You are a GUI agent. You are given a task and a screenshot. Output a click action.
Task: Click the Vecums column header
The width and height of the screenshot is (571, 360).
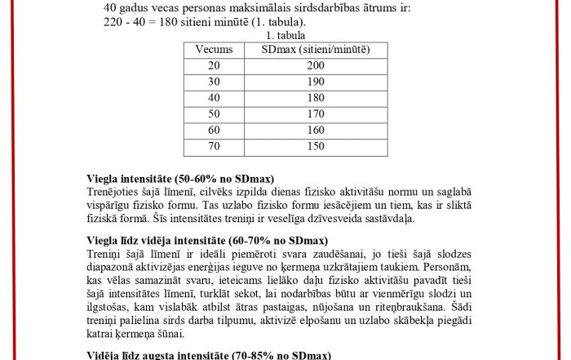tap(214, 50)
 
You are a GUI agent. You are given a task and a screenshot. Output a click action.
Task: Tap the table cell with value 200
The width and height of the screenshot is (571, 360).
tap(316, 66)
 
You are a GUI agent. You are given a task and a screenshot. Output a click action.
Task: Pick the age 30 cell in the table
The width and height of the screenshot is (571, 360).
tap(214, 82)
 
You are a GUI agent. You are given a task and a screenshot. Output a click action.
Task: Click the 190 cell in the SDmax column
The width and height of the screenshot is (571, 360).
tap(316, 82)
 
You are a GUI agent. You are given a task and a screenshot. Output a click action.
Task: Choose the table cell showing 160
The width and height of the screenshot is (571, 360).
tap(316, 131)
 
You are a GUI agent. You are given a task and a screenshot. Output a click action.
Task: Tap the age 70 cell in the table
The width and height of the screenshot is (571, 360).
tap(214, 147)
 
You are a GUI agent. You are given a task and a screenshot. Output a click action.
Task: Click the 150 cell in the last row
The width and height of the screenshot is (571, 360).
tap(316, 147)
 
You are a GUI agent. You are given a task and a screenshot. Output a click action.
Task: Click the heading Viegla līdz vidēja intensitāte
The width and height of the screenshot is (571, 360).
tap(207, 242)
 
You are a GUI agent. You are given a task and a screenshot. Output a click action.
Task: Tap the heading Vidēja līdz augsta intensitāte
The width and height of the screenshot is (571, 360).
tap(209, 355)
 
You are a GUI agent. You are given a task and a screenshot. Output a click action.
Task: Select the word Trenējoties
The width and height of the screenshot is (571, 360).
tap(113, 191)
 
